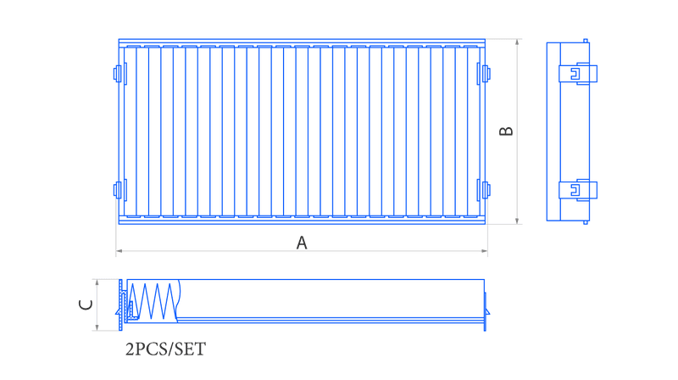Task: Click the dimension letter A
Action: tap(302, 243)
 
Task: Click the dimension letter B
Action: tap(506, 131)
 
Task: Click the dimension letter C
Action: tap(86, 305)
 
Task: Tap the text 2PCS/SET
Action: tap(165, 349)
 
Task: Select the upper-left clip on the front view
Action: tap(119, 74)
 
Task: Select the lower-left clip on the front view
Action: tap(119, 190)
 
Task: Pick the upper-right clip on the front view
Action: tap(484, 74)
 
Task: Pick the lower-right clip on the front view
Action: tap(484, 190)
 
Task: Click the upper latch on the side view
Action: tap(578, 74)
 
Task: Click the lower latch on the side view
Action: tap(578, 190)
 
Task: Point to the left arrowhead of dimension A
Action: tap(119, 250)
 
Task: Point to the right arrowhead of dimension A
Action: tap(485, 250)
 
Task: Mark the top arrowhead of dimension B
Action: tap(517, 42)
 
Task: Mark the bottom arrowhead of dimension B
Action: tap(517, 221)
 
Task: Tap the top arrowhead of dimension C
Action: tap(97, 282)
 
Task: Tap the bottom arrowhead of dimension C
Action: tap(97, 327)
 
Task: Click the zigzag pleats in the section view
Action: tap(153, 301)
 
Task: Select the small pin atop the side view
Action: tap(586, 41)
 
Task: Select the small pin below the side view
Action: tap(586, 222)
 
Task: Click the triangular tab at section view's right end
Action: tap(486, 311)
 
